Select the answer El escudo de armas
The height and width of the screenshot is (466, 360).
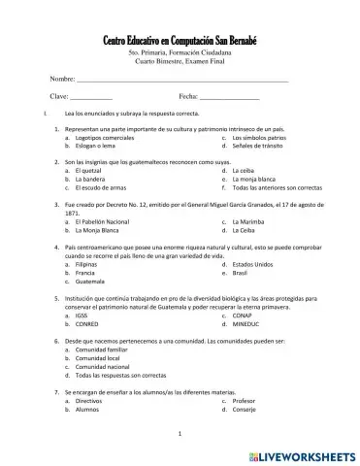point(100,187)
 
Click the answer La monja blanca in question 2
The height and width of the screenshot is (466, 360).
point(253,180)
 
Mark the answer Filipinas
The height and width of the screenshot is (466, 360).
point(86,264)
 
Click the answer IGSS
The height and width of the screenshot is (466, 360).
point(82,316)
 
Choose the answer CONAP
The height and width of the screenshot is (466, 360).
point(244,316)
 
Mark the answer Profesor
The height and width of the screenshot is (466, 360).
point(244,400)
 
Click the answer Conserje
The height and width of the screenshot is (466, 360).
point(244,409)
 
